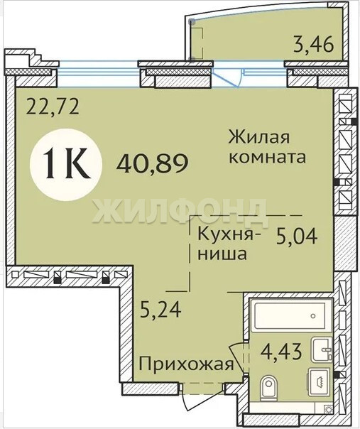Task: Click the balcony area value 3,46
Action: coord(314,45)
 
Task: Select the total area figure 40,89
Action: coord(152,163)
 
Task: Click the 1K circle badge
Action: coord(66,165)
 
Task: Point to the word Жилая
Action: coord(258,137)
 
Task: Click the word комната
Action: coord(268,157)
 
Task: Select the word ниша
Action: coord(222,254)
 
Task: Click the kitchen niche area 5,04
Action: coord(297,237)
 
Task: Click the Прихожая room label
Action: coord(186,364)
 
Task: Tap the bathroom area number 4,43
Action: coord(281,352)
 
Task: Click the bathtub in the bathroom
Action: coord(291,315)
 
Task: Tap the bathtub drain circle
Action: coord(313,316)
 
